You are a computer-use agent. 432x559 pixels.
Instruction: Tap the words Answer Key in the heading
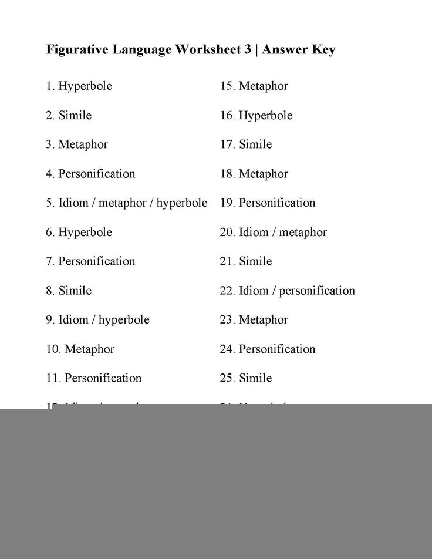[299, 50]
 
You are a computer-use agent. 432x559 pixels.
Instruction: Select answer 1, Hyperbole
[79, 86]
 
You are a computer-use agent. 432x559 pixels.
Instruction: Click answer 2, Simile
[69, 116]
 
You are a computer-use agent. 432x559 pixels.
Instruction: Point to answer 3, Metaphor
[77, 144]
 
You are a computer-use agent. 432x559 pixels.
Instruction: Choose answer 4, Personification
[90, 174]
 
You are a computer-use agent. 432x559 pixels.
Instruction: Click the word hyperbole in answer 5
[182, 203]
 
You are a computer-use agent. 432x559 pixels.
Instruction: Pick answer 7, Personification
[90, 261]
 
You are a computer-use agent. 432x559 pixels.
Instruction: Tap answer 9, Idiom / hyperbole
[98, 320]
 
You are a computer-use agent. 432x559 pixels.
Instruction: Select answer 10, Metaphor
[80, 349]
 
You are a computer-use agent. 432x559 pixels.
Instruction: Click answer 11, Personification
[94, 378]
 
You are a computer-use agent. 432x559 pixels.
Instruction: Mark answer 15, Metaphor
[254, 86]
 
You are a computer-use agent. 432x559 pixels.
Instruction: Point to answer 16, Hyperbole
[256, 116]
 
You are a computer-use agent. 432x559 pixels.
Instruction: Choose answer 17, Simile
[247, 144]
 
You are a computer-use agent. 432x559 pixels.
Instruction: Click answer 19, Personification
[268, 203]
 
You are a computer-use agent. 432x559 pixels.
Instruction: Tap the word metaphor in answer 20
[303, 233]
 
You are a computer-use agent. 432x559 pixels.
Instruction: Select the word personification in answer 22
[317, 291]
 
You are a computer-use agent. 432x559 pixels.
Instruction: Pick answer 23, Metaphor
[254, 320]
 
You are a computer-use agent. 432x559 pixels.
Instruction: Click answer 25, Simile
[247, 378]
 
